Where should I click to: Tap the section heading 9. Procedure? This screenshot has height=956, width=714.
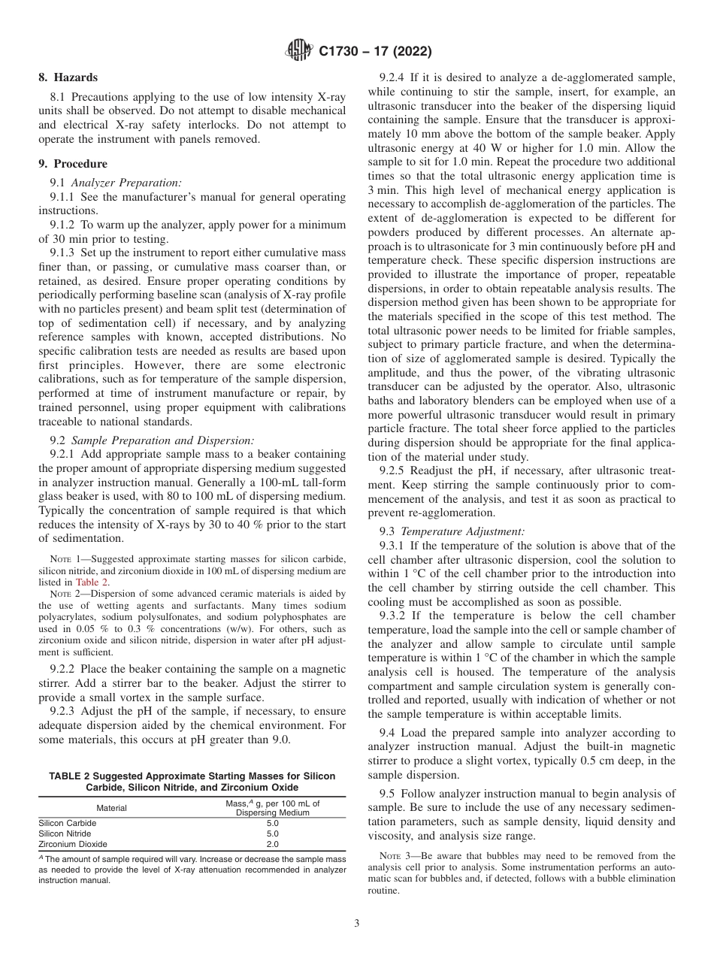coord(72,164)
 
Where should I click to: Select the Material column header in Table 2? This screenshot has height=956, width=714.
coord(111,808)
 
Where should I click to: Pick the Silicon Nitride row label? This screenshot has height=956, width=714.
coord(65,833)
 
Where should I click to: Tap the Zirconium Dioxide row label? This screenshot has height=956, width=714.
coord(73,844)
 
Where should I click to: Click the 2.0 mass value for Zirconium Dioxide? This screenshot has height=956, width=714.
coord(272,844)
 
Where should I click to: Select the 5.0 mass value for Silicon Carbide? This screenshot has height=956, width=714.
coord(272,823)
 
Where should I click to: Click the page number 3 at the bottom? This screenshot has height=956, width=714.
coord(357,923)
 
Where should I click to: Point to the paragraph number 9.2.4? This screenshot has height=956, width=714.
coord(395,77)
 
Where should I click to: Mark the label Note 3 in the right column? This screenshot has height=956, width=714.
coord(395,856)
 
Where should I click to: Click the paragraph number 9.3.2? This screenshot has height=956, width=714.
coord(395,616)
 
